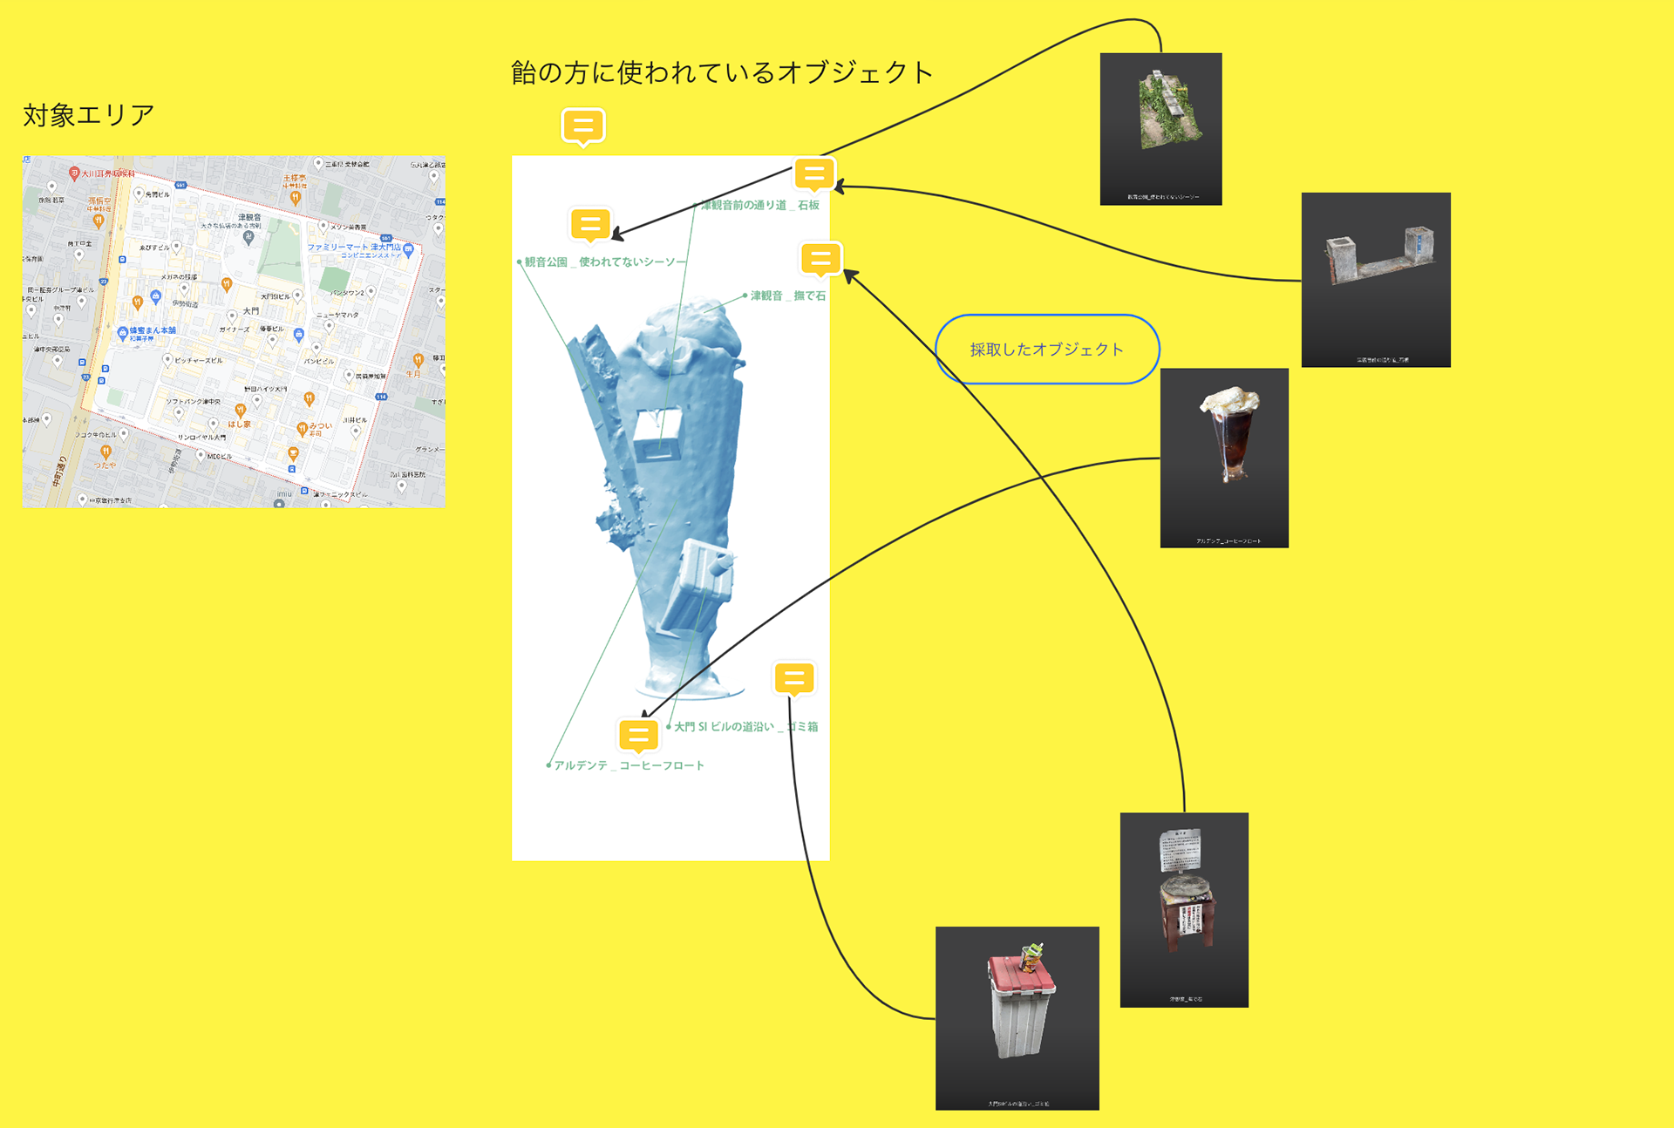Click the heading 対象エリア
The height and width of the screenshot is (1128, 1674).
point(88,114)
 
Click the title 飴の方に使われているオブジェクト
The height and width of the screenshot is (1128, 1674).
point(721,72)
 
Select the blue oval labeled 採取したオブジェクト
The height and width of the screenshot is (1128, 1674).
point(1047,350)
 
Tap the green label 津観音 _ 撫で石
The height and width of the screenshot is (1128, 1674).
point(787,296)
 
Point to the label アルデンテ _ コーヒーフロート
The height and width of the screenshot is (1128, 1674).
point(629,765)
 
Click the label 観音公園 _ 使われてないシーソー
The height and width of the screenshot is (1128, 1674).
point(604,262)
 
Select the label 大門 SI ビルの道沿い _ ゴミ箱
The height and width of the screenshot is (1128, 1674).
point(745,727)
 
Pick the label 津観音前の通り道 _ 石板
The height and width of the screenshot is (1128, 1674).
point(760,206)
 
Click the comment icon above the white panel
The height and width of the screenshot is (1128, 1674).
point(583,126)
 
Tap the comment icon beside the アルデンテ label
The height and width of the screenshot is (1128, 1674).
point(638,735)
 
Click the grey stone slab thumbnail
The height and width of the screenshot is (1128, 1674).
point(1376,256)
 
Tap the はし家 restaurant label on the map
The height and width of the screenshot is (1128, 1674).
point(239,425)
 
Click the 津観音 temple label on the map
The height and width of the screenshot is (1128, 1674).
point(249,217)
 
